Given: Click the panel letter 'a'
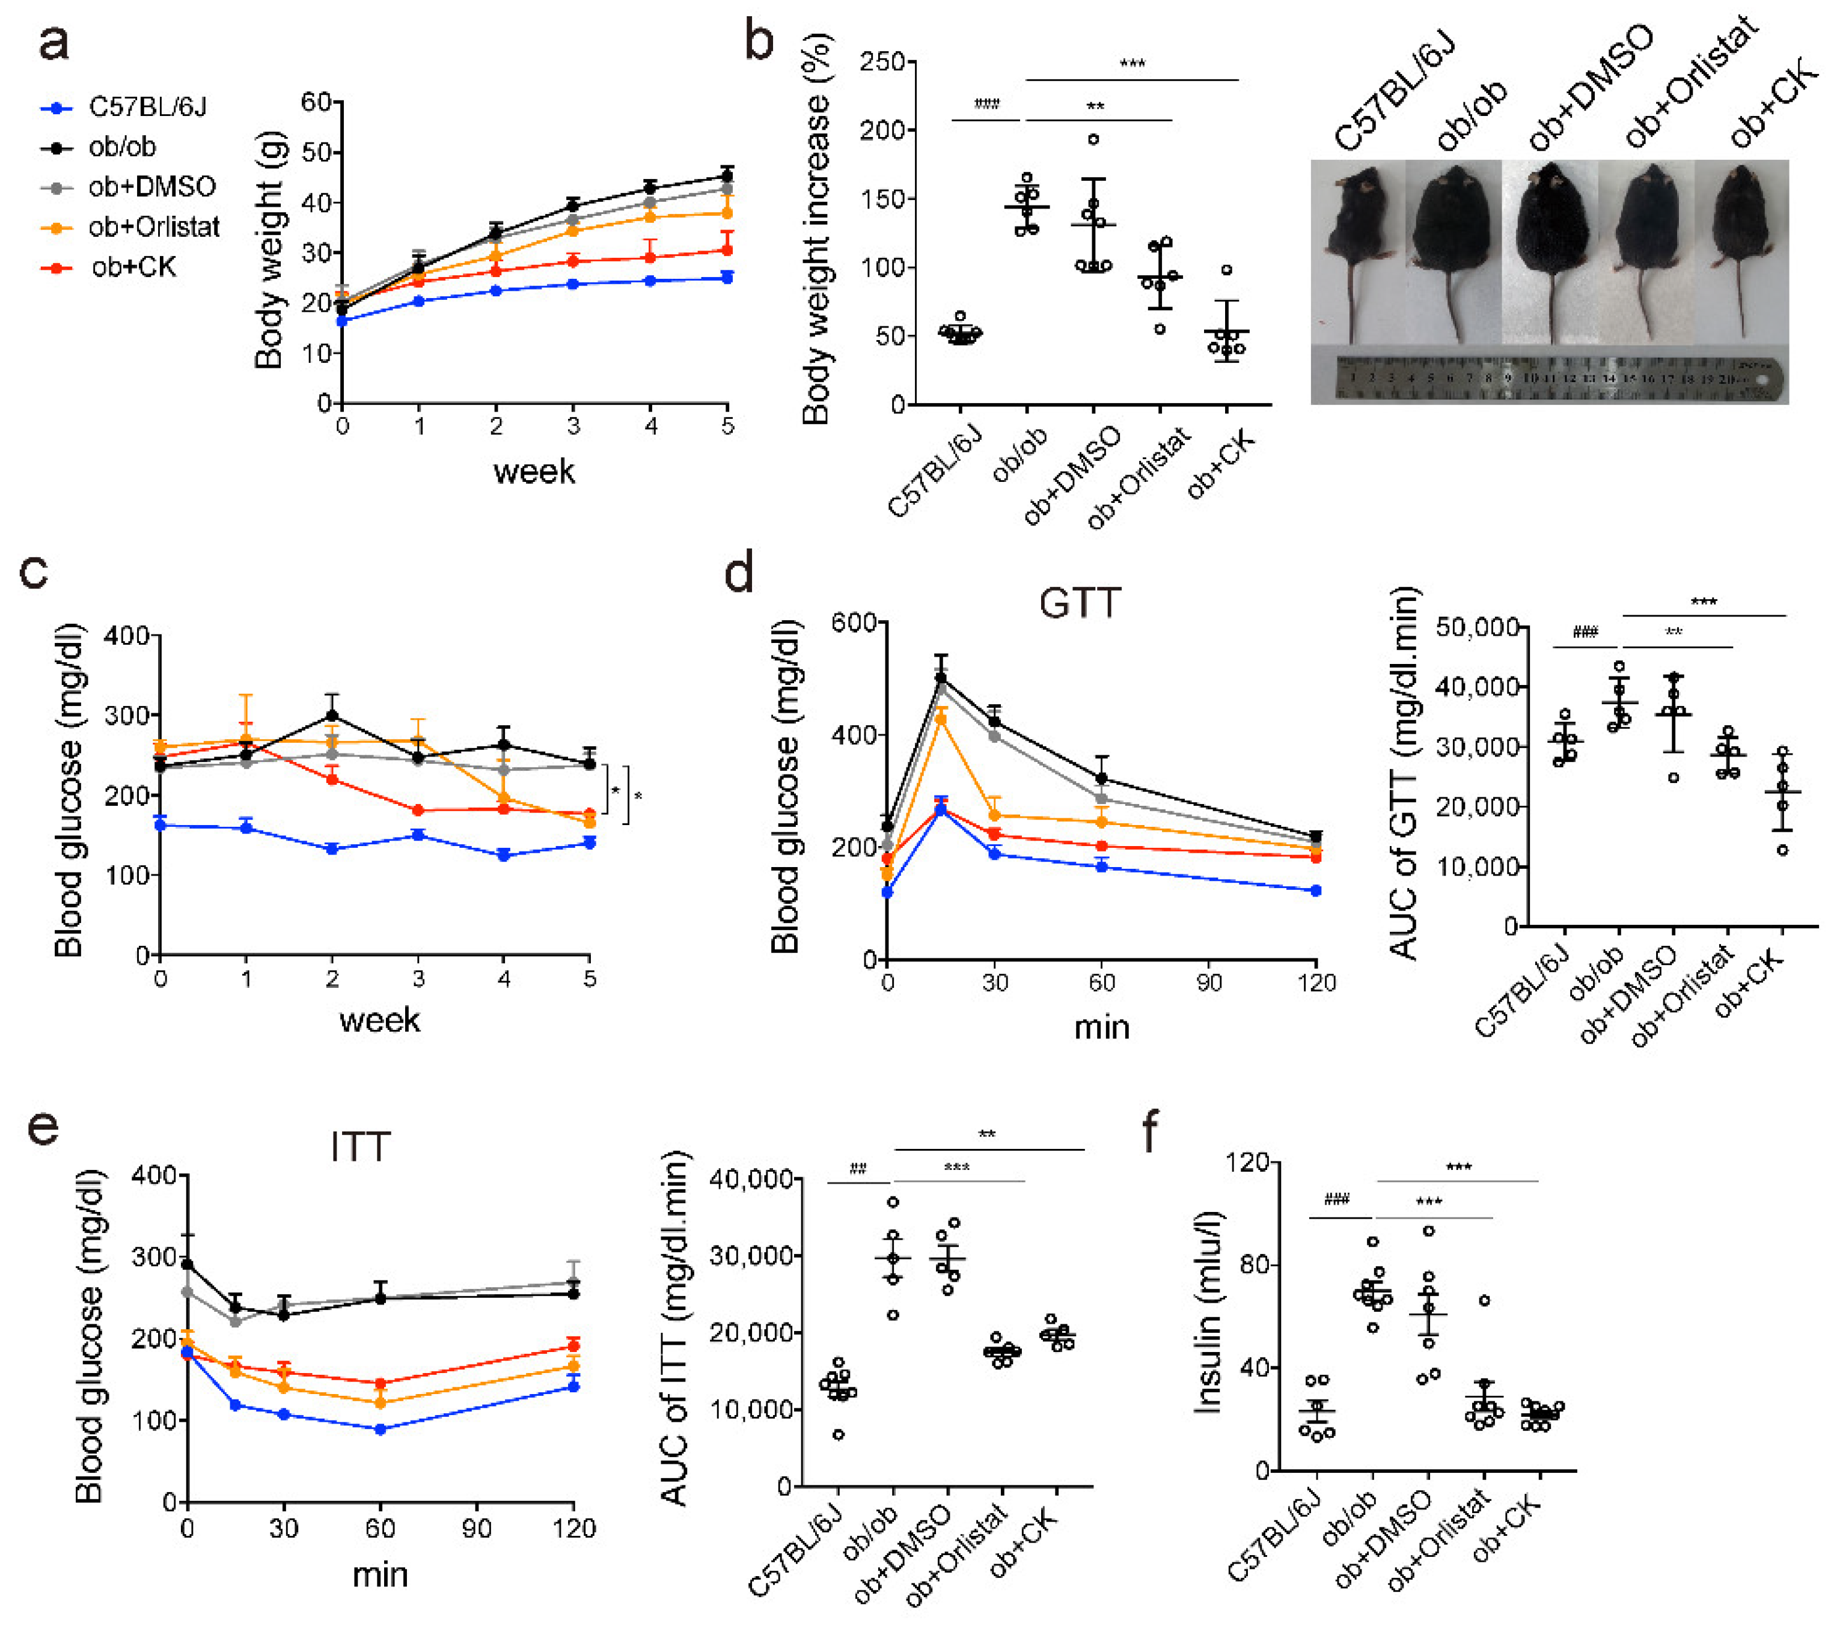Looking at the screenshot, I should (x=53, y=43).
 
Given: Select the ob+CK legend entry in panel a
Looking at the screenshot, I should (x=133, y=267).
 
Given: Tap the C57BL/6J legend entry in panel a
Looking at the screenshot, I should (x=147, y=108).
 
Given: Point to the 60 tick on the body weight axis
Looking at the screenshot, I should (x=316, y=102).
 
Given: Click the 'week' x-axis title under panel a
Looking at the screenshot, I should (x=534, y=471).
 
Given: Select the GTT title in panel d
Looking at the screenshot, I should (x=1080, y=603).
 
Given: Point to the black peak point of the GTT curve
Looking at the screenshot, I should (x=941, y=678).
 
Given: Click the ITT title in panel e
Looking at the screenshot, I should (x=360, y=1147).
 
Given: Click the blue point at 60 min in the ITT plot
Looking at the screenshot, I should (x=381, y=1430).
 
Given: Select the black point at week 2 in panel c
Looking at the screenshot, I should (x=332, y=716).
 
